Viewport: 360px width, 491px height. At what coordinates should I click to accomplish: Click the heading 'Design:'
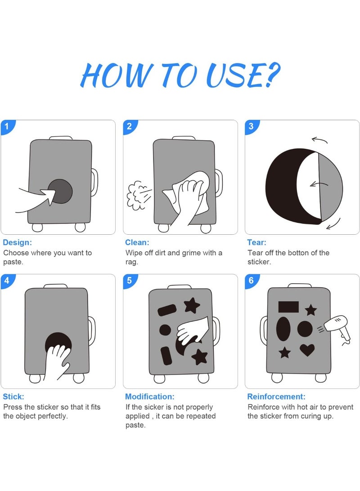pos(17,242)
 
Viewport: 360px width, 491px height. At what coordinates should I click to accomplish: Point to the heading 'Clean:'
pos(137,242)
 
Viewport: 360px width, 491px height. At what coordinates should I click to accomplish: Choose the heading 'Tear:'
pos(256,242)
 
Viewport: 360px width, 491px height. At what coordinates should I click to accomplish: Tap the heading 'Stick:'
pos(13,397)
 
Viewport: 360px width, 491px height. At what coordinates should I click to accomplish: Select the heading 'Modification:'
pos(150,397)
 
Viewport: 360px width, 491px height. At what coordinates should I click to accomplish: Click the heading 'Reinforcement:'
pos(276,397)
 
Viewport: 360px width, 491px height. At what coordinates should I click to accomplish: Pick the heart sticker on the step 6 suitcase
pos(307,350)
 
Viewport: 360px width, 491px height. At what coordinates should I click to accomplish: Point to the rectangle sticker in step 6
pos(288,307)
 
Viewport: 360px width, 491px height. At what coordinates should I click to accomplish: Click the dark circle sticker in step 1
pos(61,191)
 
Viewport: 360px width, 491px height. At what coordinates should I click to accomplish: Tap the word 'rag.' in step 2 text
pos(131,262)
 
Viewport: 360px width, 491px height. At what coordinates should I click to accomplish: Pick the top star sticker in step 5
pos(192,305)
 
